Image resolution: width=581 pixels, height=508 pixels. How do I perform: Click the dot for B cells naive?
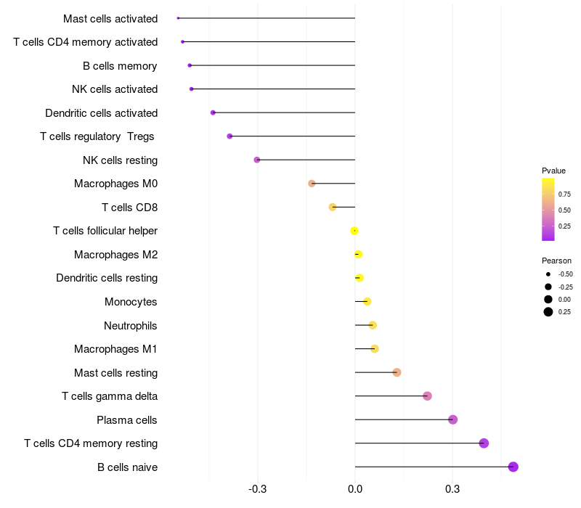(513, 467)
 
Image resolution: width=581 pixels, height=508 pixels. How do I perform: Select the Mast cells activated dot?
(178, 18)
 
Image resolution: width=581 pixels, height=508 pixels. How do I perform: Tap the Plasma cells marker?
(453, 419)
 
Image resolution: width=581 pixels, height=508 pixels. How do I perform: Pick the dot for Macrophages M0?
(312, 184)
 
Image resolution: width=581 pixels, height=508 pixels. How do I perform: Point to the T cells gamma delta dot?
(427, 396)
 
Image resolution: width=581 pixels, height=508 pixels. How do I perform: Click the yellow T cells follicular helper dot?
(354, 231)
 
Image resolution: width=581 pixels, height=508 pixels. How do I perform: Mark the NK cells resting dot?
(256, 160)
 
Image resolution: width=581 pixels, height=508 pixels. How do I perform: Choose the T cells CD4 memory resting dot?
(484, 443)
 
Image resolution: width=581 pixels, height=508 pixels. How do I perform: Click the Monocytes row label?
(131, 302)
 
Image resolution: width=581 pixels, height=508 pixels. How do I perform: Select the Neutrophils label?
(131, 326)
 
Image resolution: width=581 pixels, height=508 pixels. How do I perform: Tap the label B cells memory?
(120, 66)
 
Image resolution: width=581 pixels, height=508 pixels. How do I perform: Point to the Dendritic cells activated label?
(101, 113)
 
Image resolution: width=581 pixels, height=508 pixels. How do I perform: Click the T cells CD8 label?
(129, 208)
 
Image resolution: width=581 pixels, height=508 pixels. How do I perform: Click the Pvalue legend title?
(553, 171)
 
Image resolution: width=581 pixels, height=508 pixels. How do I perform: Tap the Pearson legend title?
(556, 261)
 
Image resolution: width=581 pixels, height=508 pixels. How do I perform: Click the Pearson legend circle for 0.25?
(548, 312)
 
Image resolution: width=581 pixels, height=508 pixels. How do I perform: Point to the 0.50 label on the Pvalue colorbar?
(564, 210)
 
